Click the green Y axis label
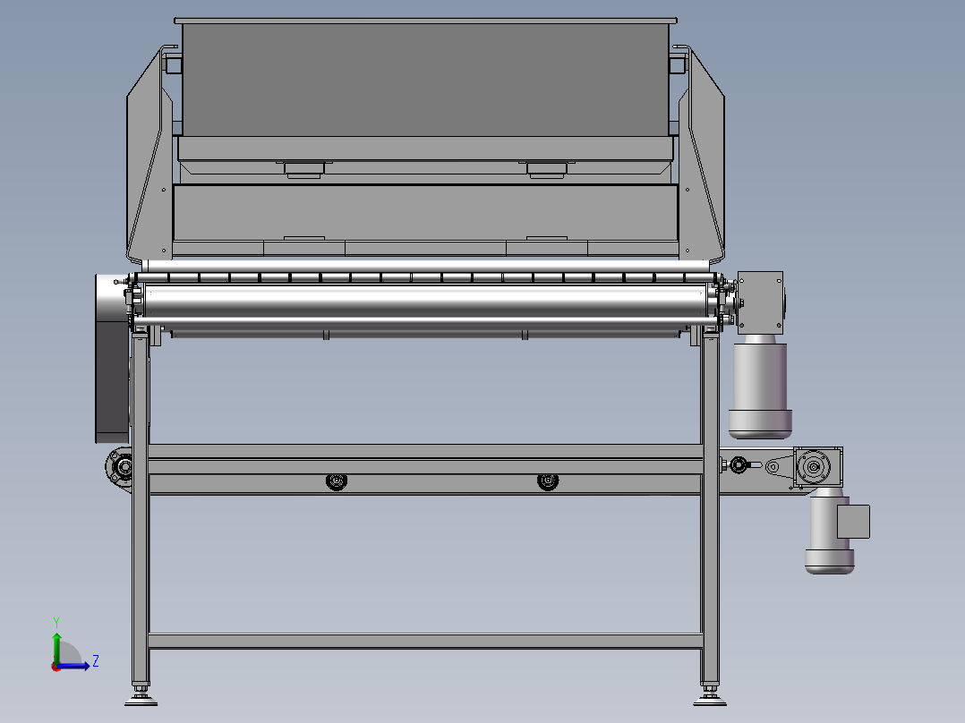[x=56, y=622]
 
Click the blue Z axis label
[x=96, y=661]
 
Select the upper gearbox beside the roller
[x=761, y=302]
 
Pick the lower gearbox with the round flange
[x=817, y=467]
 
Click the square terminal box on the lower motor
[x=854, y=521]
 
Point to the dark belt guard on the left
[x=112, y=359]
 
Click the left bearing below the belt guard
[x=120, y=468]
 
